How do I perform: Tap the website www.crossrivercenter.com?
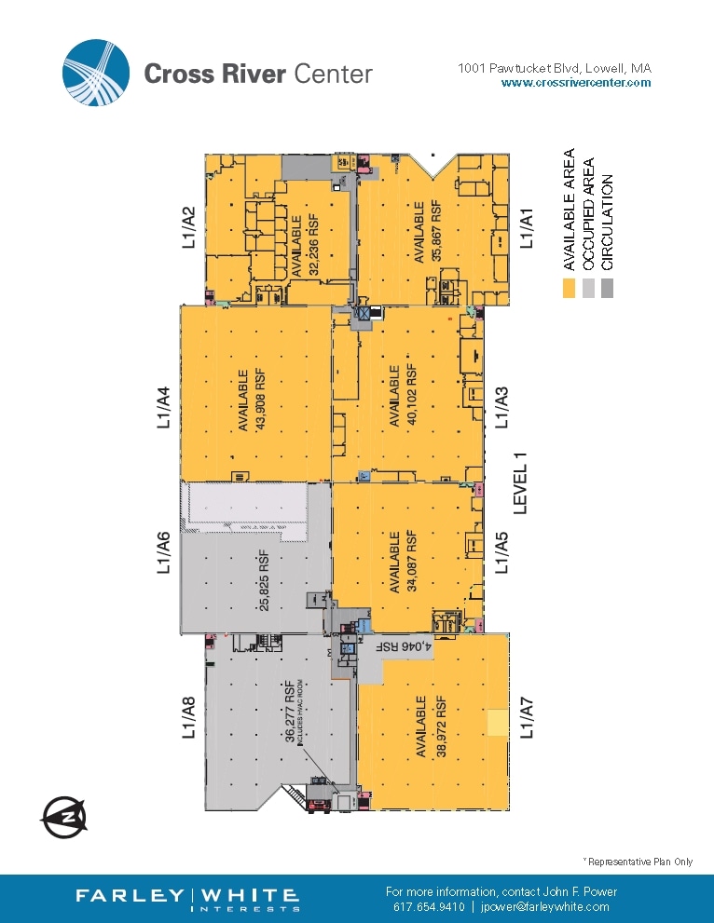click(576, 83)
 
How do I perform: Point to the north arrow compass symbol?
click(64, 818)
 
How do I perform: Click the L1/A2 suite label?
click(188, 229)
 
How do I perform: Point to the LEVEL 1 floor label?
click(521, 482)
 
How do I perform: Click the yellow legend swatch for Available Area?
click(568, 288)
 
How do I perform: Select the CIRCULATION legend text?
click(608, 221)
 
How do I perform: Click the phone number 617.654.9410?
click(429, 906)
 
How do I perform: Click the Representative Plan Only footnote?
click(637, 862)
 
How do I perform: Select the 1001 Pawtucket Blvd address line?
click(554, 68)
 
